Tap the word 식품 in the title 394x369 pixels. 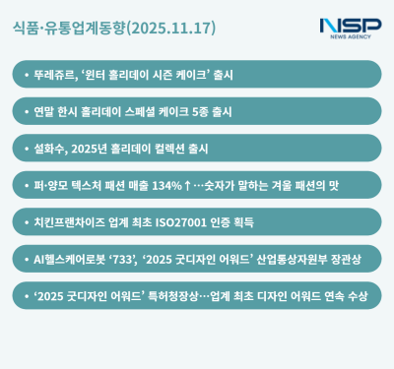click(29, 28)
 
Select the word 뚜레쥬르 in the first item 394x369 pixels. click(56, 74)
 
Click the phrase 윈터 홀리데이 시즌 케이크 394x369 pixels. click(144, 74)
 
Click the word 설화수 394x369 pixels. click(50, 148)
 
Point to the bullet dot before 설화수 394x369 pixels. click(26, 148)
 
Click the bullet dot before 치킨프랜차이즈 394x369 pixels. click(26, 221)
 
